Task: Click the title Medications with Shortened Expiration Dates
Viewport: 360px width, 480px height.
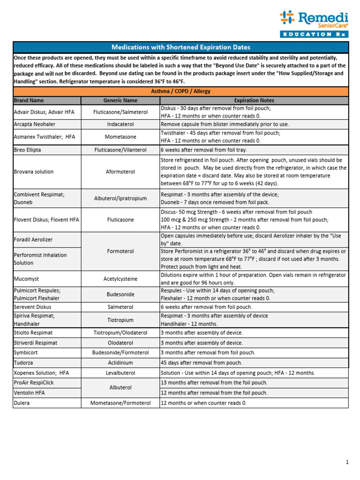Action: tap(180, 47)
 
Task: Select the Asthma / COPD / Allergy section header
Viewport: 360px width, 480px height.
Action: tap(180, 91)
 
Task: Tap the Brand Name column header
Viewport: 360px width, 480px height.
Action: tap(29, 100)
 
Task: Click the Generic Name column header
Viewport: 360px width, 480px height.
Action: tap(120, 100)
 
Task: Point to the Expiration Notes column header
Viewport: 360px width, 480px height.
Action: tap(254, 100)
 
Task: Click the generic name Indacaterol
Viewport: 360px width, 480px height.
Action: tap(120, 124)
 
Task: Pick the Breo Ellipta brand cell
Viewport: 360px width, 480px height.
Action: tap(30, 150)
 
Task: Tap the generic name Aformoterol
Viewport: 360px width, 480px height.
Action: tap(120, 172)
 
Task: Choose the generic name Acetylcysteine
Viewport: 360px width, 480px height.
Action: tap(120, 278)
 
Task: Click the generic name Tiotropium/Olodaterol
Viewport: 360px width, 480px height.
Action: tap(120, 333)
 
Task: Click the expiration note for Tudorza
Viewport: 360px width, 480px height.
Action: tap(202, 363)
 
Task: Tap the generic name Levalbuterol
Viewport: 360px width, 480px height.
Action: tap(120, 373)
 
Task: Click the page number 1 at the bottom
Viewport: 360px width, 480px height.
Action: tap(347, 463)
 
